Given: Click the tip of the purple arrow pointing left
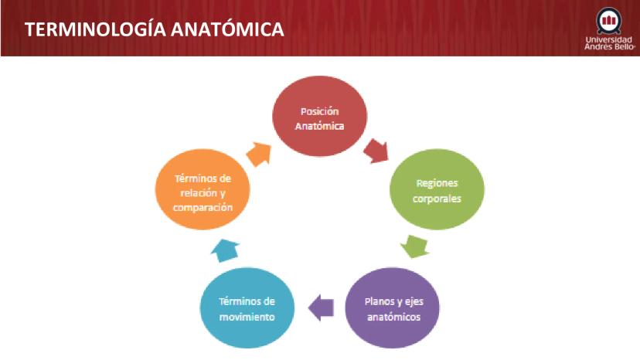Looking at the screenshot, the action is [x=308, y=307].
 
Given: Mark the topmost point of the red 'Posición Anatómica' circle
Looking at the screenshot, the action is [x=319, y=76].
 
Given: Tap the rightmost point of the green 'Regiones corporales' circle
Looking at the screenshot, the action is [x=485, y=189].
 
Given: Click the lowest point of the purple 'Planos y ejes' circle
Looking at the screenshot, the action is [x=393, y=348].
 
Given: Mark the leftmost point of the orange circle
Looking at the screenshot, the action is [x=155, y=189].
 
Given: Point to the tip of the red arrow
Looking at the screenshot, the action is [x=388, y=161].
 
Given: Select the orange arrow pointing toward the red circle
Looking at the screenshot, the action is [x=259, y=155].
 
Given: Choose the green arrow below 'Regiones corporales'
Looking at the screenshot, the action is [x=415, y=246].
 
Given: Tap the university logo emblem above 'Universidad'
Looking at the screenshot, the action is [x=608, y=21].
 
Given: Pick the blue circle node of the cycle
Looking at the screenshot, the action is [x=247, y=307].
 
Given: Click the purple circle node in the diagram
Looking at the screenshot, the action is [x=393, y=307].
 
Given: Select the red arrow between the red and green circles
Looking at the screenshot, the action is [x=376, y=151].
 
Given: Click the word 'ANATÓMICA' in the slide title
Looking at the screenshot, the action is [x=227, y=29].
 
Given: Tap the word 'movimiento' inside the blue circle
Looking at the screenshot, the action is [x=247, y=318].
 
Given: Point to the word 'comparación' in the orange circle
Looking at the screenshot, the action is [x=203, y=207].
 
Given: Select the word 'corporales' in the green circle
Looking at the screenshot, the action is [x=437, y=199].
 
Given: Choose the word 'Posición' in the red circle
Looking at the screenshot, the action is [x=319, y=111].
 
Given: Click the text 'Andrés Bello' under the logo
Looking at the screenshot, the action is [x=609, y=46].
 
